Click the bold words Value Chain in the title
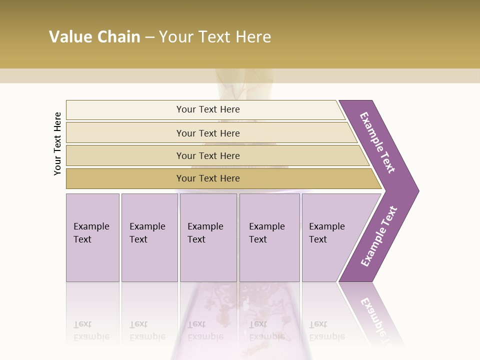point(94,37)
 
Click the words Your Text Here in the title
point(215,37)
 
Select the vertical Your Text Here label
point(58,143)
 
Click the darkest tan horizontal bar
point(125,178)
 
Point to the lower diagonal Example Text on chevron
point(378,236)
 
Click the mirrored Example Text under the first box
point(91,330)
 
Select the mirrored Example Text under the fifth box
point(326,330)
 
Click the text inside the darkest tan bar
point(208,178)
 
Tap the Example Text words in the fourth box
point(266,232)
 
